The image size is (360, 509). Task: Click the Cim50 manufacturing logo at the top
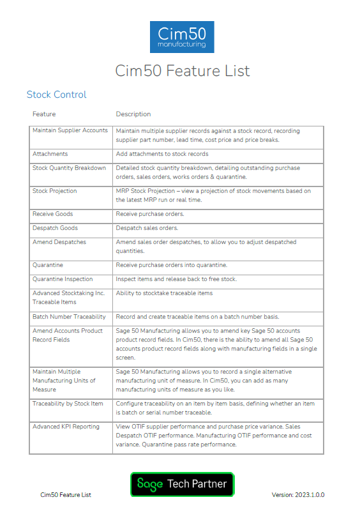click(x=182, y=37)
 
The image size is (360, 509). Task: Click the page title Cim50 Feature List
click(x=182, y=70)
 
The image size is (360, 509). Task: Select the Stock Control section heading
click(x=56, y=95)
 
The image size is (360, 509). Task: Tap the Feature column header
click(x=44, y=114)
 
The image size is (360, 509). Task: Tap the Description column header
click(x=133, y=114)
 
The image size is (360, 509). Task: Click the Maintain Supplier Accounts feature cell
click(x=70, y=130)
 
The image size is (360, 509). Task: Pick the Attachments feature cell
click(x=50, y=154)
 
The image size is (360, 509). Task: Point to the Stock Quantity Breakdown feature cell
click(x=70, y=168)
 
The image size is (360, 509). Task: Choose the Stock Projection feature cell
click(x=55, y=191)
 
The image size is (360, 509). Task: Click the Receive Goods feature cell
click(x=53, y=214)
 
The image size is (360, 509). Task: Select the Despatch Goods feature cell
click(x=56, y=228)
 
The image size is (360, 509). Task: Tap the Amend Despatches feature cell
click(x=59, y=242)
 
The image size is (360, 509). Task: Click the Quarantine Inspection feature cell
click(x=63, y=279)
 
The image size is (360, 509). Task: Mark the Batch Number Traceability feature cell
click(x=69, y=317)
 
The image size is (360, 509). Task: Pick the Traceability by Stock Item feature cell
click(x=68, y=404)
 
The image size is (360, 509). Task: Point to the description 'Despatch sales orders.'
click(x=147, y=228)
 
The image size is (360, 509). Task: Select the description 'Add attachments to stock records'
click(x=162, y=154)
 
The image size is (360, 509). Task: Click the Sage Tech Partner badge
click(x=182, y=484)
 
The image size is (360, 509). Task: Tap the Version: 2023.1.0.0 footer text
click(x=298, y=495)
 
